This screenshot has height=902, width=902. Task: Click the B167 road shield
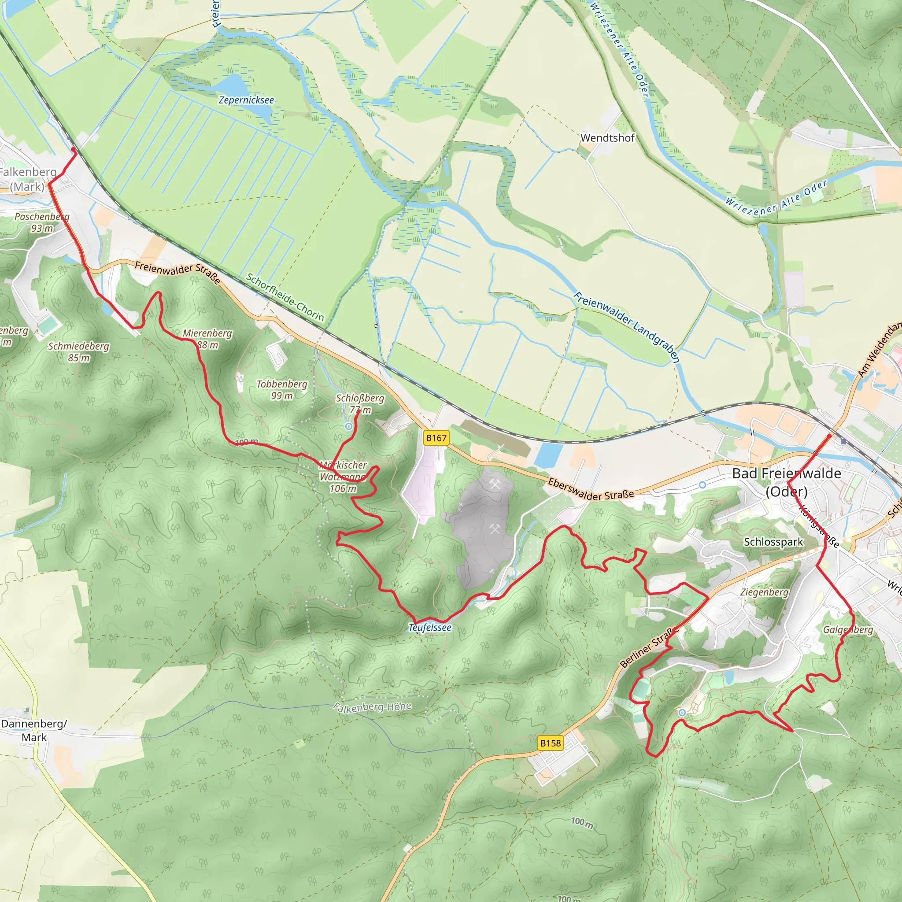(436, 438)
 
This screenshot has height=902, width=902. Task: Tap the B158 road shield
(550, 743)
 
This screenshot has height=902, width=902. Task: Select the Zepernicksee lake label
(247, 100)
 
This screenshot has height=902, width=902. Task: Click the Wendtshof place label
(607, 138)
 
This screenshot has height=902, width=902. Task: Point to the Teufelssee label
(429, 628)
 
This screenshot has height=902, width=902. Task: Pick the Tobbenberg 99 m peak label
(282, 390)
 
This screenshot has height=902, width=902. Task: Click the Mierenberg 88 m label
(207, 339)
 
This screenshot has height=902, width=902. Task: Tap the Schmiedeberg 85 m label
(78, 352)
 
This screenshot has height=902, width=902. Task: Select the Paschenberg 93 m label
(41, 222)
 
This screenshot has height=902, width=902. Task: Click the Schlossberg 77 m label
(360, 404)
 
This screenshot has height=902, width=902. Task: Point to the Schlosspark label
(773, 542)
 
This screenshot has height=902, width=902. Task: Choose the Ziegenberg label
(764, 592)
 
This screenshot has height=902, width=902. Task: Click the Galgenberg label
(848, 630)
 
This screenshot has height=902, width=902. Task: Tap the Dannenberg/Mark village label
(34, 731)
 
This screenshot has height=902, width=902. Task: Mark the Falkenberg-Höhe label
(373, 707)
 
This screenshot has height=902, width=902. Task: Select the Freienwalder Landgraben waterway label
(626, 327)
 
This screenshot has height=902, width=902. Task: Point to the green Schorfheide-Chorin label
(285, 297)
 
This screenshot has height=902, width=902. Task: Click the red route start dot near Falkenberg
(73, 149)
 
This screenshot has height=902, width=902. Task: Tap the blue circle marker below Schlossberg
(349, 426)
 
